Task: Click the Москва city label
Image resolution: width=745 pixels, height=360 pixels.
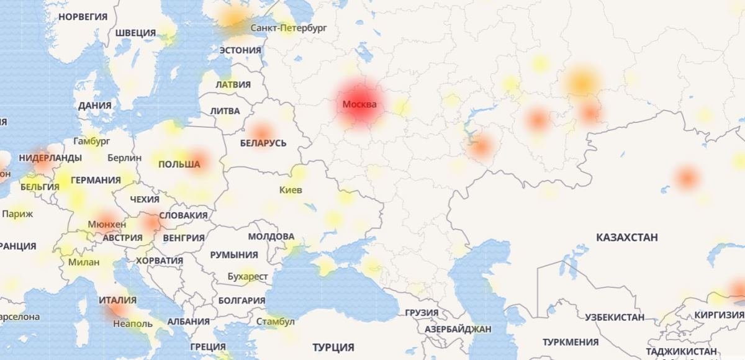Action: [359, 104]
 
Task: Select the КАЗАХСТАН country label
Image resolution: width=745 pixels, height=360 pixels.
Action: [626, 237]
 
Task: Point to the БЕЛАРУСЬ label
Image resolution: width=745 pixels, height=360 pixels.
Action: [263, 143]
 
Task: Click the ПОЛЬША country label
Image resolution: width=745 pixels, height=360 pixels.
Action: [179, 164]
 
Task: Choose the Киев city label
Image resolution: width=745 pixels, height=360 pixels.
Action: [291, 190]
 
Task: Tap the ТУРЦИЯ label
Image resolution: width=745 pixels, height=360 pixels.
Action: [333, 347]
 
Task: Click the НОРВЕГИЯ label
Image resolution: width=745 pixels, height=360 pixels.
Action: [83, 17]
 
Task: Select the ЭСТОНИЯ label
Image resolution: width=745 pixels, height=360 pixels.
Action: [240, 50]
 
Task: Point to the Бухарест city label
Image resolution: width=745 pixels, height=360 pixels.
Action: [248, 276]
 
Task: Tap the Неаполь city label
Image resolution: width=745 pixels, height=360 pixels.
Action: [133, 323]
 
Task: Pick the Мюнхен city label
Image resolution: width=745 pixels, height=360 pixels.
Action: [107, 224]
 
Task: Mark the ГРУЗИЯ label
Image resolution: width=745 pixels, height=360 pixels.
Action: [421, 312]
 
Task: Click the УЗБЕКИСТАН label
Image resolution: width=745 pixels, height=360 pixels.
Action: [615, 317]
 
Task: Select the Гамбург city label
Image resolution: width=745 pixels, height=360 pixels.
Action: [91, 141]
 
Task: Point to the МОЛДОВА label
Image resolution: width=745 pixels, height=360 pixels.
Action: [271, 236]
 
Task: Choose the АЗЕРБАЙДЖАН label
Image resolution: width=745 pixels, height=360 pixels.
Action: [458, 328]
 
